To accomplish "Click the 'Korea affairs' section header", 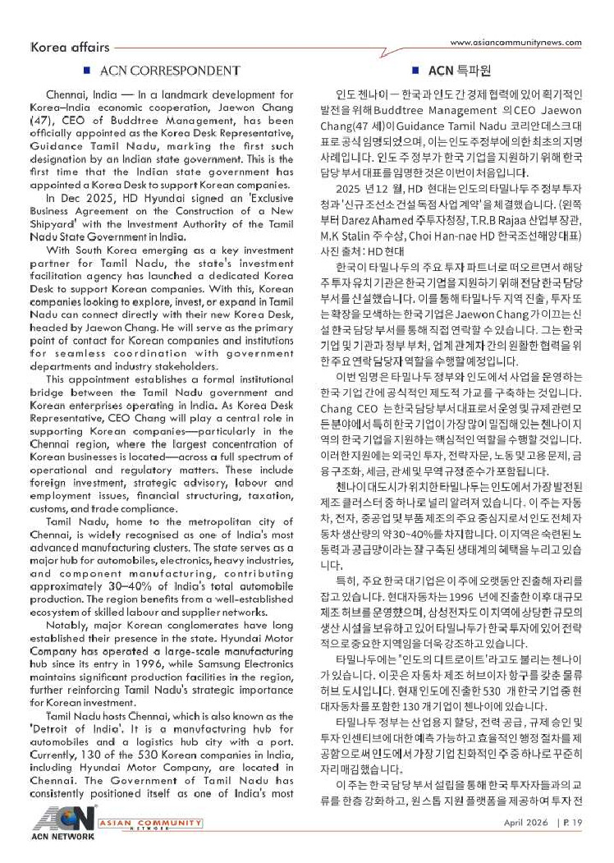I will pyautogui.click(x=68, y=48).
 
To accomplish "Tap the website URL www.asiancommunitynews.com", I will pyautogui.click(x=516, y=43).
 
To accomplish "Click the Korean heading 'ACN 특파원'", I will pyautogui.click(x=456, y=71).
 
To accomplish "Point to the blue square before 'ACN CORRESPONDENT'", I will pyautogui.click(x=99, y=71).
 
